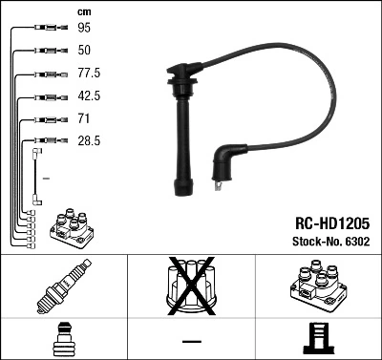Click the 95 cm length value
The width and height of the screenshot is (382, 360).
pyautogui.click(x=83, y=28)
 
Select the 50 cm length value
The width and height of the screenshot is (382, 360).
pyautogui.click(x=83, y=50)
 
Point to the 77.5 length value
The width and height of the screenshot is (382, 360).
pyautogui.click(x=88, y=73)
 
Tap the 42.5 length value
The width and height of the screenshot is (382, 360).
pyautogui.click(x=88, y=95)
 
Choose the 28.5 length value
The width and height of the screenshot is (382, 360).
pyautogui.click(x=88, y=140)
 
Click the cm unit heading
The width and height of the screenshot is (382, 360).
pyautogui.click(x=84, y=11)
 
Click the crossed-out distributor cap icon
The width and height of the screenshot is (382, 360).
pyautogui.click(x=191, y=286)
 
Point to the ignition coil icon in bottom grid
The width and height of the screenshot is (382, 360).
pyautogui.click(x=317, y=286)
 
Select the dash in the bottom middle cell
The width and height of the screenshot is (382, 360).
pyautogui.click(x=191, y=340)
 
